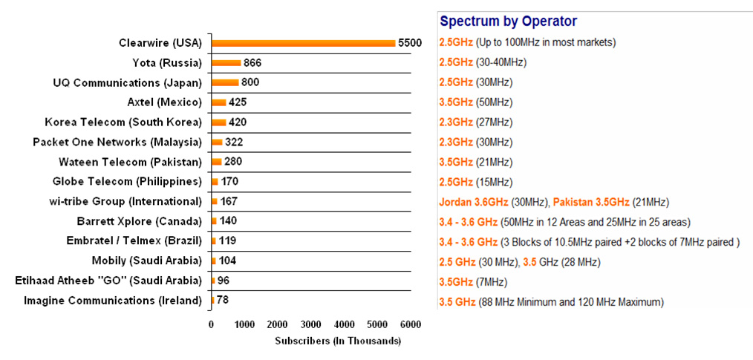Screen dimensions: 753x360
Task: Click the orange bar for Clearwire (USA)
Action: click(304, 43)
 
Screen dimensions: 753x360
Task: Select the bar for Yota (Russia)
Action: click(226, 63)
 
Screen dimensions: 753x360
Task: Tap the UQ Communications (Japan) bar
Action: click(225, 82)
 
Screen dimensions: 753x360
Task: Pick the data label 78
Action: click(222, 301)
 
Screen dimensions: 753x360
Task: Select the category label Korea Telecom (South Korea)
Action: click(123, 122)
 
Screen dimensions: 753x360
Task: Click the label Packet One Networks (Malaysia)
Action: click(117, 142)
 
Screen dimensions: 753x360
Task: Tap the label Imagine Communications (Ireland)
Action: click(112, 301)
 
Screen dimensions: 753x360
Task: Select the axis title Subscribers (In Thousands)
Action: click(338, 341)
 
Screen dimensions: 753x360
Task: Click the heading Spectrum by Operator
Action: click(509, 21)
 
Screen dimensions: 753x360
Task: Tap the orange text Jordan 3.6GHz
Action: click(474, 203)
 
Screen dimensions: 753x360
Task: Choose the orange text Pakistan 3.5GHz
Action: click(591, 203)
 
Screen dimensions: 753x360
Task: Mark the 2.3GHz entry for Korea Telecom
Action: click(456, 122)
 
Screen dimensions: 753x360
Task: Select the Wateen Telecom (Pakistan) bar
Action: click(217, 162)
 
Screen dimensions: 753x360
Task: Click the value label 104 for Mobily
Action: click(227, 261)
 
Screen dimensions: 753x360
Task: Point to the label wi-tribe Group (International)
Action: click(123, 202)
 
